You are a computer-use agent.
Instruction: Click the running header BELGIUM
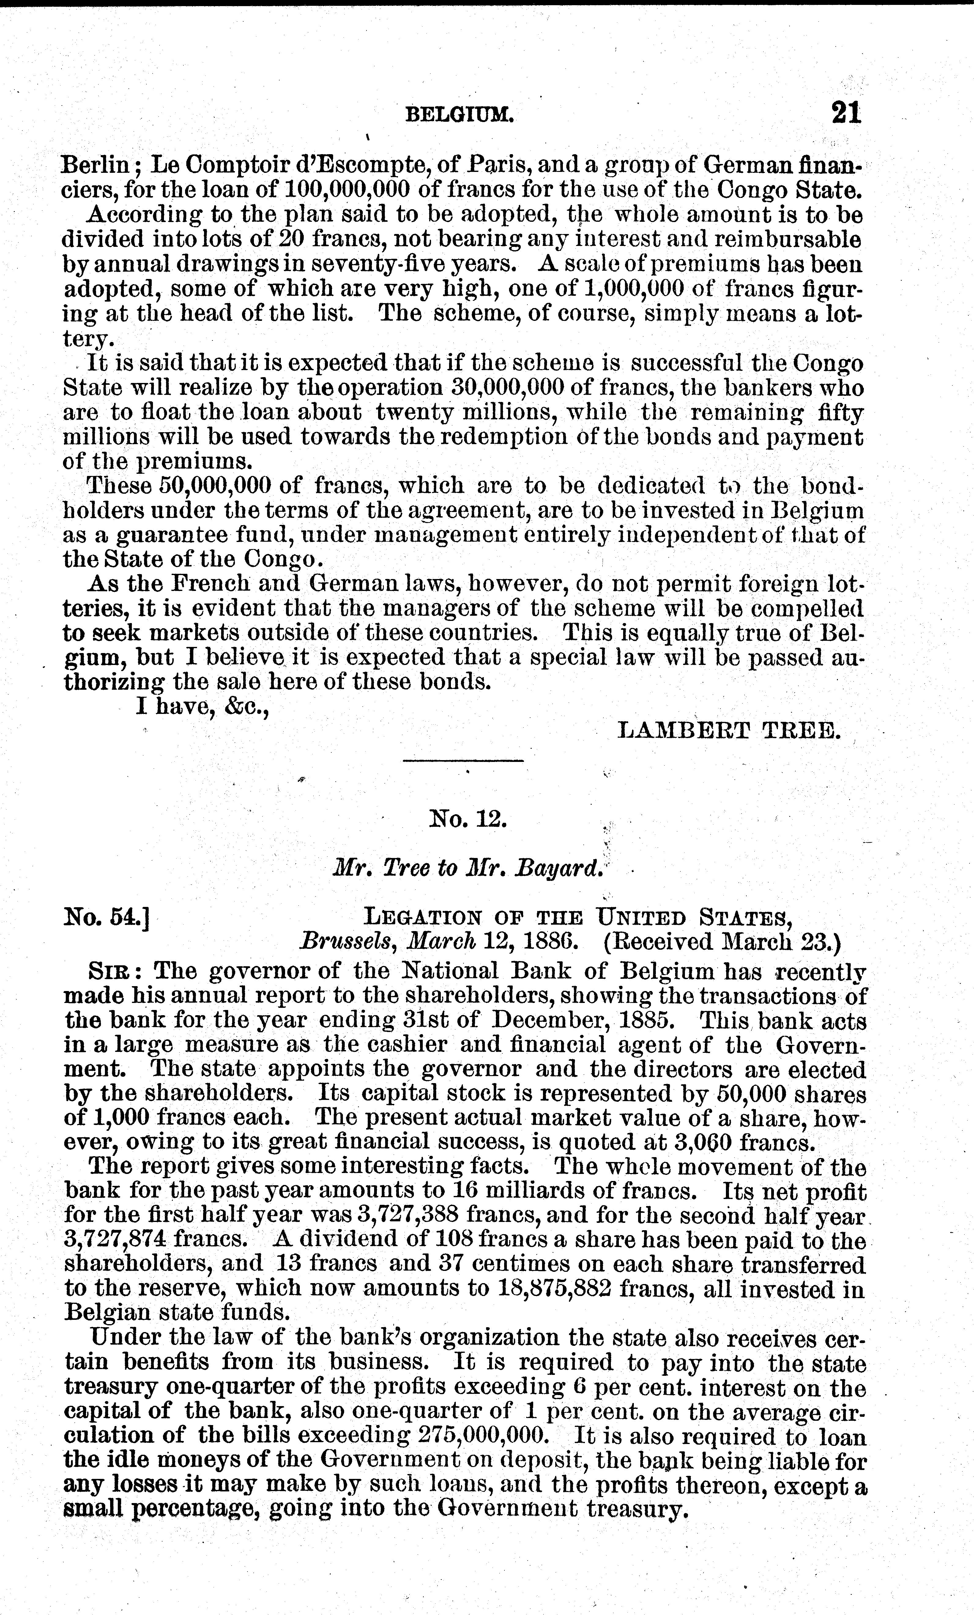tap(459, 116)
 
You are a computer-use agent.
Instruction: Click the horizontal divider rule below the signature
tap(463, 760)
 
